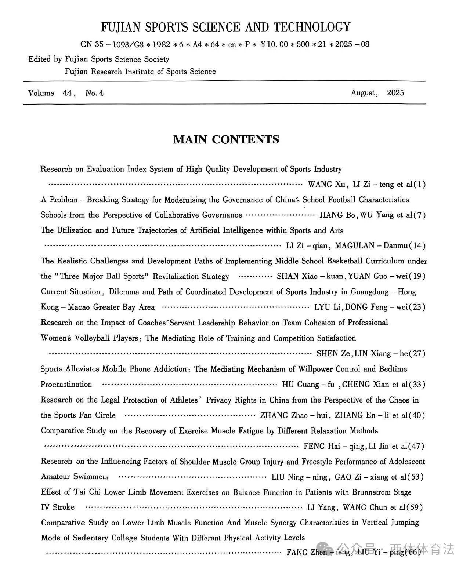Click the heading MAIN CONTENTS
[x=226, y=139]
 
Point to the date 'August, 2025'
[x=377, y=92]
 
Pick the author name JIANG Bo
[x=337, y=215]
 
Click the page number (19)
[x=419, y=276]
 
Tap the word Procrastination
[x=66, y=384]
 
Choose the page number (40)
[x=419, y=415]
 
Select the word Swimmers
[x=91, y=477]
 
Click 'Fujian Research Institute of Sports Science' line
[x=140, y=72]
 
